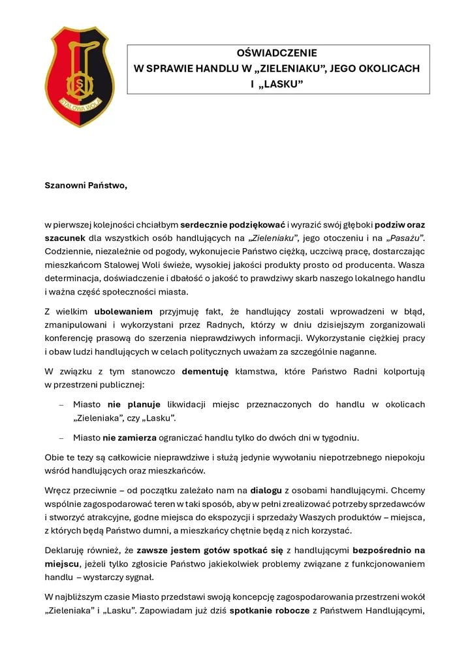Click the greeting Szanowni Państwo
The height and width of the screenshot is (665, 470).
pyautogui.click(x=86, y=185)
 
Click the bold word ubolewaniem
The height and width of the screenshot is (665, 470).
pyautogui.click(x=123, y=311)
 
